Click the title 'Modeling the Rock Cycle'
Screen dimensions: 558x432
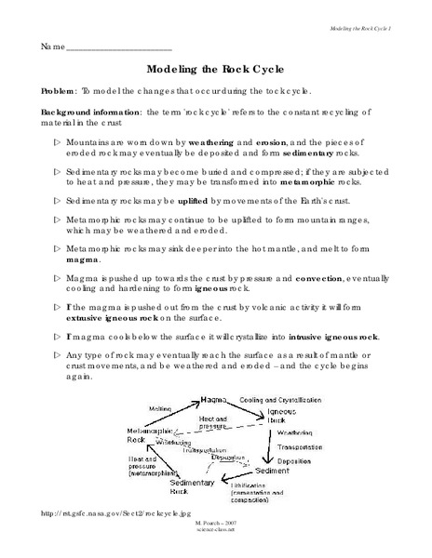pos(215,69)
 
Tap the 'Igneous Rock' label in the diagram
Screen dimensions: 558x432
pos(282,414)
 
